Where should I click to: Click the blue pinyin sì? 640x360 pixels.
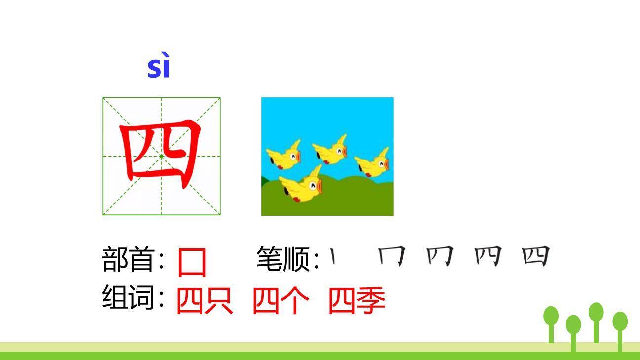159,68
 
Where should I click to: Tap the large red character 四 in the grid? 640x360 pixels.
160,154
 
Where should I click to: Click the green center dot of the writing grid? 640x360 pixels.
161,157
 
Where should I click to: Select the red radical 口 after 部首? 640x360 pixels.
192,262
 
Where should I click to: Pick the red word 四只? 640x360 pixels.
204,300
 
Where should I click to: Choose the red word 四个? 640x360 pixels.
280,300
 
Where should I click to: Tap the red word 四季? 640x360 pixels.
357,300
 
